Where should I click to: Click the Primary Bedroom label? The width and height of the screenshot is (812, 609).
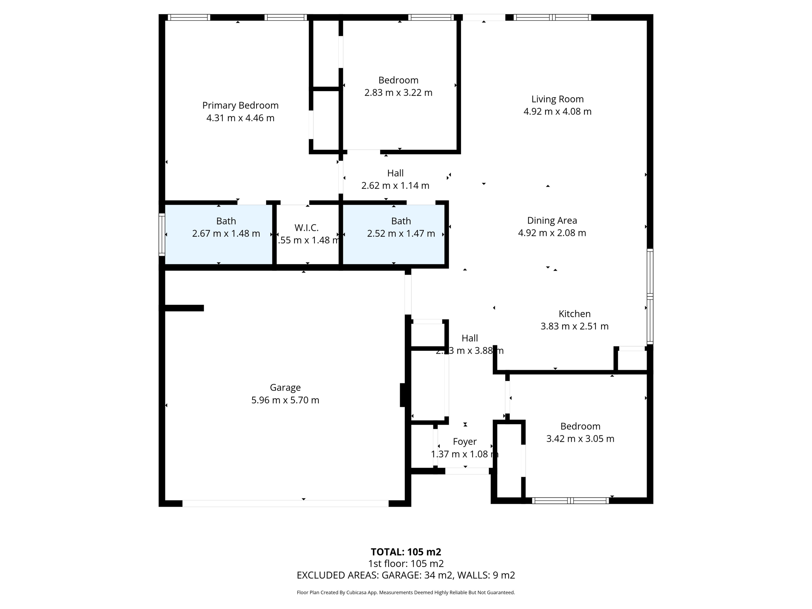pyautogui.click(x=240, y=105)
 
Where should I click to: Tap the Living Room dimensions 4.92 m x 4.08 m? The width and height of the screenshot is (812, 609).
pyautogui.click(x=557, y=111)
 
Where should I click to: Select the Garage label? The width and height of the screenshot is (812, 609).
pyautogui.click(x=285, y=387)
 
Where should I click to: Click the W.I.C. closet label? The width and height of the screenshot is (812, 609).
pyautogui.click(x=306, y=228)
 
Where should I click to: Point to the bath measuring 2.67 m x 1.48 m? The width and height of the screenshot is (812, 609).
pyautogui.click(x=226, y=227)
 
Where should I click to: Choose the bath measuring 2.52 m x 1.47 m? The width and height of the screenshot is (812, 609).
pyautogui.click(x=401, y=227)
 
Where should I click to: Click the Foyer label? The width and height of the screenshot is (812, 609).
pyautogui.click(x=465, y=441)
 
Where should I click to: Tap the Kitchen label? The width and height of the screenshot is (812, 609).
pyautogui.click(x=575, y=314)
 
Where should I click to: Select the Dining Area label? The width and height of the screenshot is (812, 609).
pyautogui.click(x=552, y=220)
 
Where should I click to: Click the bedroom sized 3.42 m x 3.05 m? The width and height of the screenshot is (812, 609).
pyautogui.click(x=580, y=433)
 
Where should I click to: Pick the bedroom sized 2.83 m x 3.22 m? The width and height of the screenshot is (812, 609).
pyautogui.click(x=398, y=86)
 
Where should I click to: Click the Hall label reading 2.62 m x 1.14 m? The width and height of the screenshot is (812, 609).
pyautogui.click(x=395, y=179)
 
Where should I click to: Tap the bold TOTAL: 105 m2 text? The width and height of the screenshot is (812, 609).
pyautogui.click(x=406, y=552)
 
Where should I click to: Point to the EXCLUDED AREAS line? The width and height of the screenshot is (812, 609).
pyautogui.click(x=406, y=575)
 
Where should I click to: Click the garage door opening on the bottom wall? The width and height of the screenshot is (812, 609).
pyautogui.click(x=285, y=504)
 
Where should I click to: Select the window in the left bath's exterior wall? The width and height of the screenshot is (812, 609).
pyautogui.click(x=162, y=234)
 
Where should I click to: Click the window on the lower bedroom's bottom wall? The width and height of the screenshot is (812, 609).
pyautogui.click(x=570, y=501)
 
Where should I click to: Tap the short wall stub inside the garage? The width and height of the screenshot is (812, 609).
pyautogui.click(x=184, y=308)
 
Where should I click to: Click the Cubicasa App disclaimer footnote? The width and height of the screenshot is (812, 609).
pyautogui.click(x=406, y=592)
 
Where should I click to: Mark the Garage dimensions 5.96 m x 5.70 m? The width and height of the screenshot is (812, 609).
pyautogui.click(x=285, y=400)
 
